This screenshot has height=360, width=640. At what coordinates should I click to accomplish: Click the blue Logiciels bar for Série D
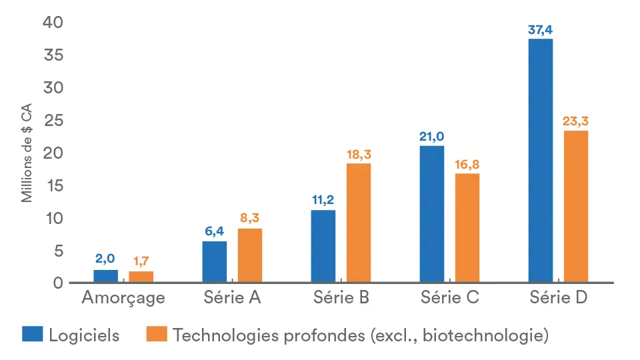(540, 161)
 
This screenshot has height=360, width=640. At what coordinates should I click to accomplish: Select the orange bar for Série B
(359, 223)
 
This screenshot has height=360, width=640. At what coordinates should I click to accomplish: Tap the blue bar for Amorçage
(105, 277)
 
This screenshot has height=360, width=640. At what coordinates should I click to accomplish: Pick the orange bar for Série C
(467, 228)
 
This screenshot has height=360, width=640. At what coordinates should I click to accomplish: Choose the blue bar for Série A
(214, 262)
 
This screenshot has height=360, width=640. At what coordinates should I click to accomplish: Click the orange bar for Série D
(576, 207)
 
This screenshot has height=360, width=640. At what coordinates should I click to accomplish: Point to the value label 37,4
(540, 29)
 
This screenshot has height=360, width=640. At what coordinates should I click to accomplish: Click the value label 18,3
(359, 154)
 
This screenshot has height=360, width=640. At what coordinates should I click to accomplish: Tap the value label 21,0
(432, 136)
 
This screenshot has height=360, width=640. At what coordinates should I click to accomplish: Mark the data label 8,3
(250, 219)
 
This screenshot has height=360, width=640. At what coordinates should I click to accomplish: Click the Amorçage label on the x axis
(123, 298)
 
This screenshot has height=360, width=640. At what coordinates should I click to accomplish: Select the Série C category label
(450, 298)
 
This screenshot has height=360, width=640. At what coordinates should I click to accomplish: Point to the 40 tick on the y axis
(53, 23)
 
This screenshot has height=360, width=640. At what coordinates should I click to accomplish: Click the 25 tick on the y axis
(53, 121)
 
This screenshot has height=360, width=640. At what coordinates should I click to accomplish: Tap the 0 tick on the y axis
(57, 283)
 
